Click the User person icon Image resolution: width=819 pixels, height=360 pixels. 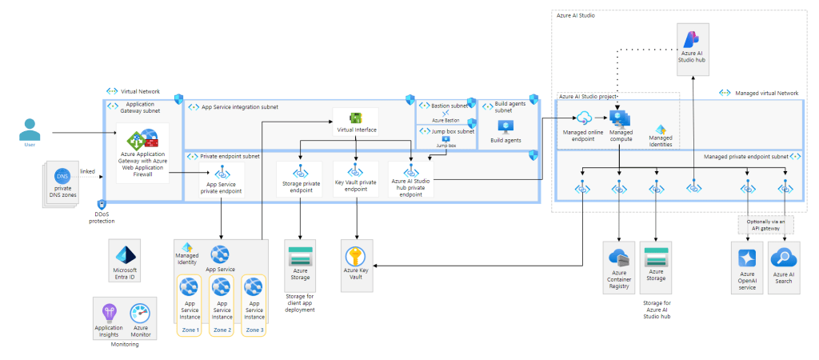click(30, 128)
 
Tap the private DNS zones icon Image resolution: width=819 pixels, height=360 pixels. click(62, 175)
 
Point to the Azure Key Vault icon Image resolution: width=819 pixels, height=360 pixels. click(355, 257)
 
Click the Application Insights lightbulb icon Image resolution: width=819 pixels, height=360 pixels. click(110, 313)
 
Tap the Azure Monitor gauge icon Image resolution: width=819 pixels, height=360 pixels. click(140, 313)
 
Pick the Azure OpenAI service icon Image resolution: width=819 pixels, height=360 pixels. click(747, 258)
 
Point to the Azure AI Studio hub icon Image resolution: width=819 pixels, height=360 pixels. click(692, 38)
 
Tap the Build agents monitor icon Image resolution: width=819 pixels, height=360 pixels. click(505, 126)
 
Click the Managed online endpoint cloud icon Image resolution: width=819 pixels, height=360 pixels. click(583, 118)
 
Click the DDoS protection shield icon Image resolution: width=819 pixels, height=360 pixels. click(102, 206)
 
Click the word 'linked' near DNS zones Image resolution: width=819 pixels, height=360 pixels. click(89, 171)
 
